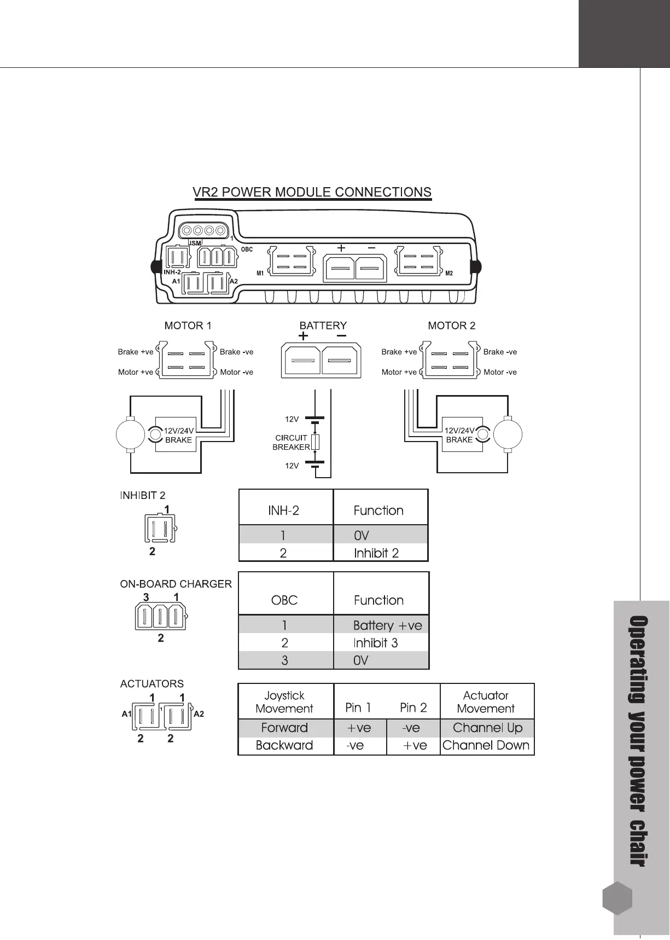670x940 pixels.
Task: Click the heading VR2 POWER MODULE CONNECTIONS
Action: pyautogui.click(x=312, y=192)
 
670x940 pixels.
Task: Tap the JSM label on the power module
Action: pyautogui.click(x=195, y=242)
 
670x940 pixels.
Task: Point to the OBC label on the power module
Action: pyautogui.click(x=247, y=249)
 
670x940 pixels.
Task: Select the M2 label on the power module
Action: pyautogui.click(x=449, y=273)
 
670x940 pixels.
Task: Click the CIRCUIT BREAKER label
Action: pyautogui.click(x=291, y=442)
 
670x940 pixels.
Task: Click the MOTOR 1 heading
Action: pyautogui.click(x=188, y=326)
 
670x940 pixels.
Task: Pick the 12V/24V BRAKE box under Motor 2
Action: pyautogui.click(x=459, y=435)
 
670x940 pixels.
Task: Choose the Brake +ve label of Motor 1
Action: pyautogui.click(x=136, y=352)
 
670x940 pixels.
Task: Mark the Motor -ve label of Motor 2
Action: pyautogui.click(x=500, y=372)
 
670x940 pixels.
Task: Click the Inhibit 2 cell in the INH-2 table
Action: pyautogui.click(x=376, y=553)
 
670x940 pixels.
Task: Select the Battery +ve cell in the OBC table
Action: pyautogui.click(x=387, y=625)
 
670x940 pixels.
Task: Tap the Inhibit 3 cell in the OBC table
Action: pyautogui.click(x=375, y=643)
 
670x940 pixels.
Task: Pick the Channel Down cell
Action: pyautogui.click(x=486, y=745)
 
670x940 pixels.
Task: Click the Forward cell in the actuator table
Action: pyautogui.click(x=284, y=728)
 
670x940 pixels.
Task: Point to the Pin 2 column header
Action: pyautogui.click(x=413, y=707)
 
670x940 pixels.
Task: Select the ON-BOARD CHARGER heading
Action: pyautogui.click(x=176, y=584)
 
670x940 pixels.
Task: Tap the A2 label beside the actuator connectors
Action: pyautogui.click(x=199, y=714)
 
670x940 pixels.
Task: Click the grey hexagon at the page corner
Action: pyautogui.click(x=617, y=898)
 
